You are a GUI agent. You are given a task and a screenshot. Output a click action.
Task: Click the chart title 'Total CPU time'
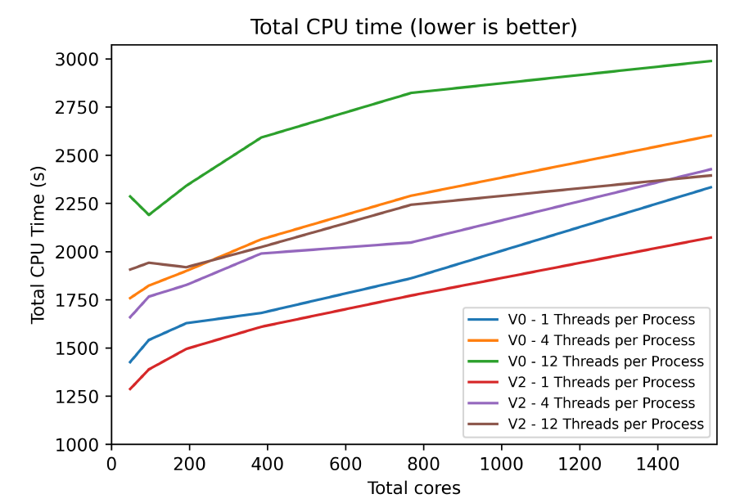pyautogui.click(x=413, y=27)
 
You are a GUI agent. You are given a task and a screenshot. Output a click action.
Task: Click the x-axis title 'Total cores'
pyautogui.click(x=413, y=488)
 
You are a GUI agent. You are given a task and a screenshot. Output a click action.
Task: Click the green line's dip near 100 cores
pyautogui.click(x=149, y=214)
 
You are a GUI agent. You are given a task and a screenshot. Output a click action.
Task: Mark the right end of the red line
pyautogui.click(x=711, y=237)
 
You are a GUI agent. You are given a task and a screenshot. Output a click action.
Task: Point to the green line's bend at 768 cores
pyautogui.click(x=411, y=93)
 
